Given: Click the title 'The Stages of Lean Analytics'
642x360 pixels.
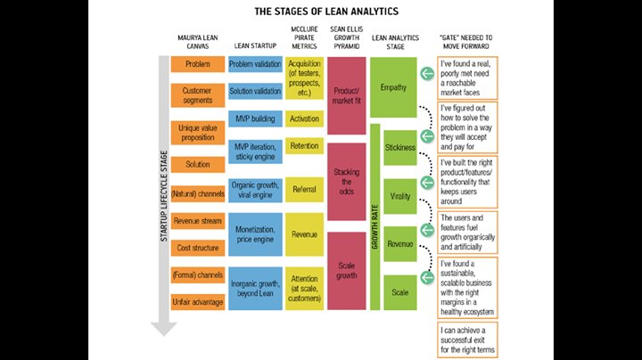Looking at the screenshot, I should tap(320, 12).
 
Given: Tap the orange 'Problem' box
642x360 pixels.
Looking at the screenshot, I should tap(198, 65).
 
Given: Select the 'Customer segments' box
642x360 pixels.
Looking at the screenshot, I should tap(198, 95).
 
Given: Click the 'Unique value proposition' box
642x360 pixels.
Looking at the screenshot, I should tap(198, 131).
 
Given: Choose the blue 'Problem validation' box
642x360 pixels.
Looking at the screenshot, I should tap(256, 65).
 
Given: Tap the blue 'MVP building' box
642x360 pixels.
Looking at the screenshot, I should tap(256, 119).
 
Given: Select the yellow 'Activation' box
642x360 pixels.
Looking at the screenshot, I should tap(304, 119).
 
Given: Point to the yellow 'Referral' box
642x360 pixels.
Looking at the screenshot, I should tap(304, 190).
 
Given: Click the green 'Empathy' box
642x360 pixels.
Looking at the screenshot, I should tap(392, 88).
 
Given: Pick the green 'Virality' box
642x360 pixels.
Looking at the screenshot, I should tap(399, 196).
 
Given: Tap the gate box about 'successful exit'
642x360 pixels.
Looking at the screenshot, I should tap(468, 340).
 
